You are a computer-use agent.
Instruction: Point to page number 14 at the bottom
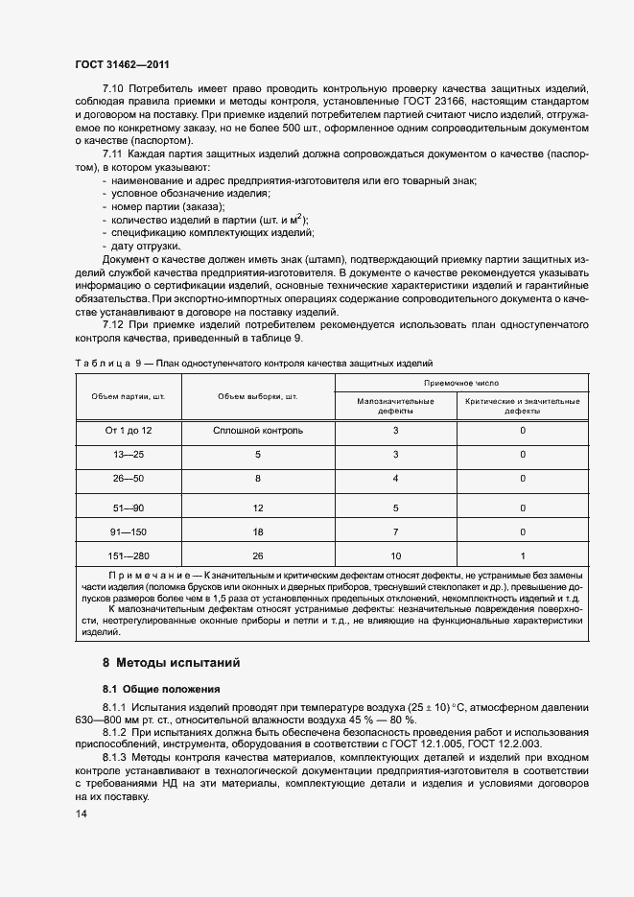coord(80,814)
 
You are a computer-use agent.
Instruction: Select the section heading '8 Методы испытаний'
coord(171,663)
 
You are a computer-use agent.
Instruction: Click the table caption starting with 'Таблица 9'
coord(253,364)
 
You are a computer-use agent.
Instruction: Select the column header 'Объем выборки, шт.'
coord(258,396)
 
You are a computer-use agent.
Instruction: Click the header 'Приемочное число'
coord(460,382)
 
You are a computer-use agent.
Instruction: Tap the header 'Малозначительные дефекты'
coord(395,406)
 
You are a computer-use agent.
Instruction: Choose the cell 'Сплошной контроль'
coord(258,431)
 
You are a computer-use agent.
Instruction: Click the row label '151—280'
coord(129,555)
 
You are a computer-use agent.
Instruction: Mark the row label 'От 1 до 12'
coord(129,431)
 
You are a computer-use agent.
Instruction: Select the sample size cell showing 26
coord(258,555)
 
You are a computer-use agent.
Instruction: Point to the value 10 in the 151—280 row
coord(395,555)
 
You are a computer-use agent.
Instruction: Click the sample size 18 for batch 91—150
coord(258,531)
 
